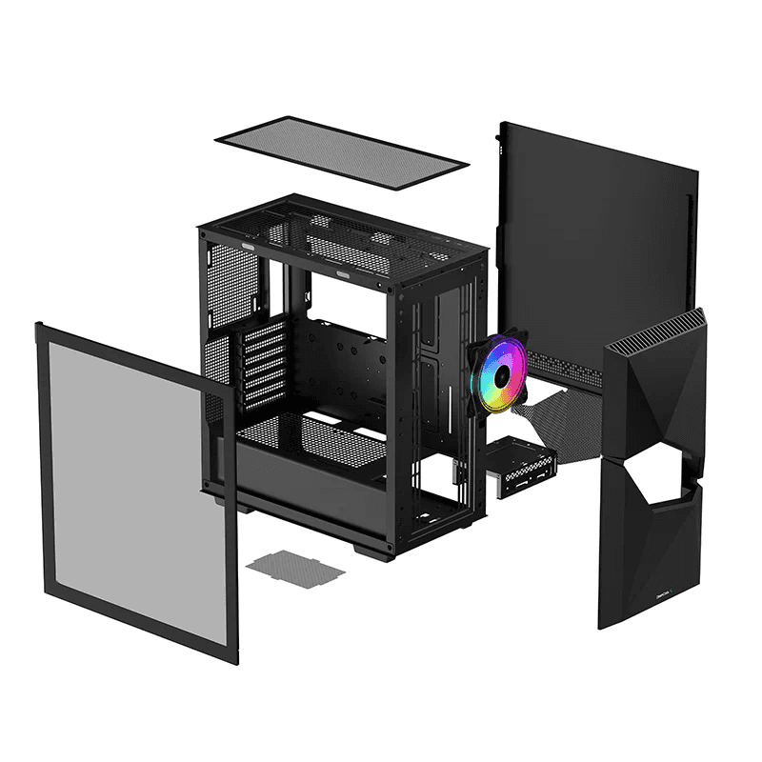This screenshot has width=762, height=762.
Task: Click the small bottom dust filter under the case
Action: tap(295, 568)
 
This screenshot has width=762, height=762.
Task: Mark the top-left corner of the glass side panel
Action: tap(38, 329)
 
